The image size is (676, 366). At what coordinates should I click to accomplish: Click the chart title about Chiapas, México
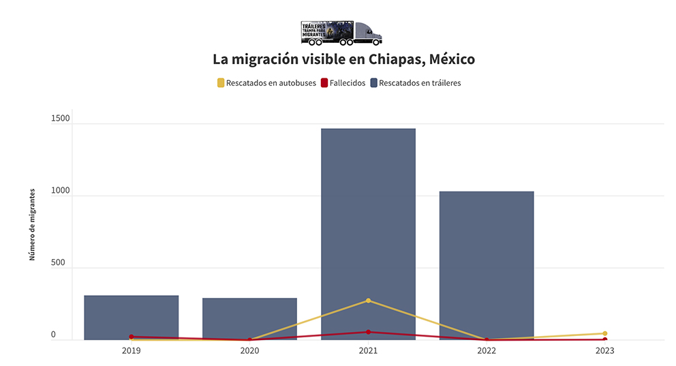point(343,59)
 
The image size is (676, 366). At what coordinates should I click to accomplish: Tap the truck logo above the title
point(341,33)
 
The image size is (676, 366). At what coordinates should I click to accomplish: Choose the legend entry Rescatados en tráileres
point(415,83)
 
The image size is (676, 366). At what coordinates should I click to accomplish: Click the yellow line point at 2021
point(368,301)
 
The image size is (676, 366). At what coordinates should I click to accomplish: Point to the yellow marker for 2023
point(604,333)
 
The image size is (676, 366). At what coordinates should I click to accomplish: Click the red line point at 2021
point(368,332)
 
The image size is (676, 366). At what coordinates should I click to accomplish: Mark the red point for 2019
point(132,336)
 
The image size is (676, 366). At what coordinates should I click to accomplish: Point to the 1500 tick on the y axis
point(60,119)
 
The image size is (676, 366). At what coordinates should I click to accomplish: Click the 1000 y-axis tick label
point(60,191)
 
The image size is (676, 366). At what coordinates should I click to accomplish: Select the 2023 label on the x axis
point(604,350)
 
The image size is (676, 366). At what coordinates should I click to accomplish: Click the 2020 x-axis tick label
point(249,350)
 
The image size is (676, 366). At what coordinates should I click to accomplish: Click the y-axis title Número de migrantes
point(32,225)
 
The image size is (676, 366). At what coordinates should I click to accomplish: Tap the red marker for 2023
point(604,339)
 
